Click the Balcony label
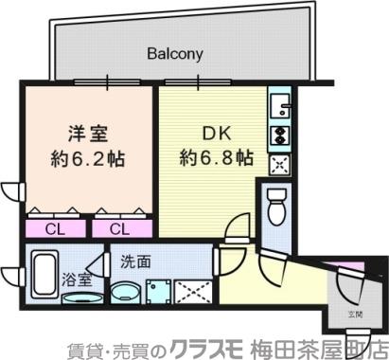(174, 54)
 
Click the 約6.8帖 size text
(217, 156)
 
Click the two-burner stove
(279, 134)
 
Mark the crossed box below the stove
(280, 164)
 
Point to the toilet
(276, 206)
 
